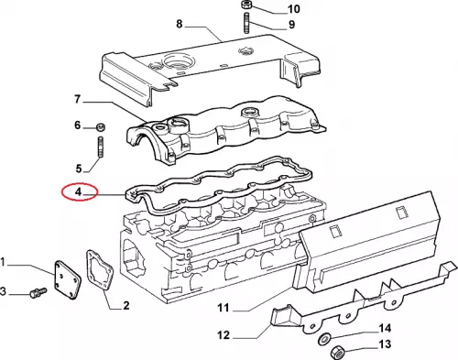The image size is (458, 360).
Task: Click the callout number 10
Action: (x=294, y=9)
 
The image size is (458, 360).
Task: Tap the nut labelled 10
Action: (x=245, y=5)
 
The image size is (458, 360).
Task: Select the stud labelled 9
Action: (x=246, y=23)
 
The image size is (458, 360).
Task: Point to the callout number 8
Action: (x=180, y=24)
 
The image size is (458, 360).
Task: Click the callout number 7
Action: (x=78, y=99)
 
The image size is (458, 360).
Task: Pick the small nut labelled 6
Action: (x=100, y=126)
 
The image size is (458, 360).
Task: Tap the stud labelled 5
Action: (x=101, y=147)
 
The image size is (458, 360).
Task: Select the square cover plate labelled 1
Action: (x=67, y=279)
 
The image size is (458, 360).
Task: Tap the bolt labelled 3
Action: (x=38, y=292)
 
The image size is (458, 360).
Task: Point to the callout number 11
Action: (x=224, y=308)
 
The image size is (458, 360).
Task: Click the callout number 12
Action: (x=224, y=335)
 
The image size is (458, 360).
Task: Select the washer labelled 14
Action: (x=323, y=340)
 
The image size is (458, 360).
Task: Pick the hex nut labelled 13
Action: (x=337, y=353)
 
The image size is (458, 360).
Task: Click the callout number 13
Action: (x=385, y=344)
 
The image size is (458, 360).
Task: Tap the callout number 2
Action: (x=126, y=305)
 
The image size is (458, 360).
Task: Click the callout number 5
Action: (x=79, y=169)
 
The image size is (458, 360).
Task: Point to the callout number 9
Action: (x=291, y=25)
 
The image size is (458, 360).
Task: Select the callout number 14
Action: (x=385, y=328)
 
